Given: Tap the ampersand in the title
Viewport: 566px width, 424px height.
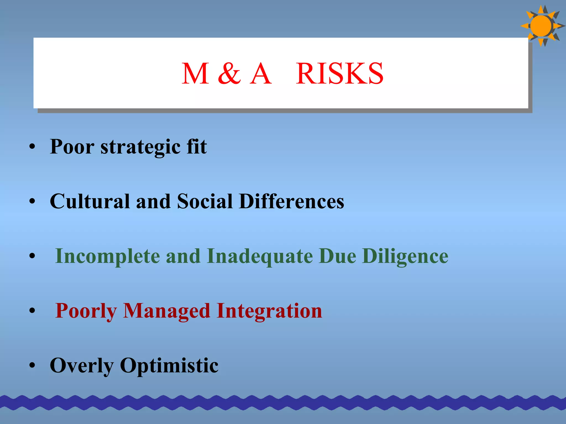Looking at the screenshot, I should (x=229, y=74).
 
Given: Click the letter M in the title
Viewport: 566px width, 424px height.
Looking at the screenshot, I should (x=195, y=74).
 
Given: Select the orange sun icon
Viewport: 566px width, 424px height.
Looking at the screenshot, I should (x=541, y=26).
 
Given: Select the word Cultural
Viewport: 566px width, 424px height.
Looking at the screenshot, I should (x=90, y=201).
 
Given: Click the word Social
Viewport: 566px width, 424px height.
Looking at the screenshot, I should (x=205, y=201).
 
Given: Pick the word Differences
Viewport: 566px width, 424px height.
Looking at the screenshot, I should (x=292, y=201).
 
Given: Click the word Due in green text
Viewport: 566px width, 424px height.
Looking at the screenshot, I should (x=337, y=256).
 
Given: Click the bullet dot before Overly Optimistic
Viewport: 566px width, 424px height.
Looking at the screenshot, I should (x=32, y=365).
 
